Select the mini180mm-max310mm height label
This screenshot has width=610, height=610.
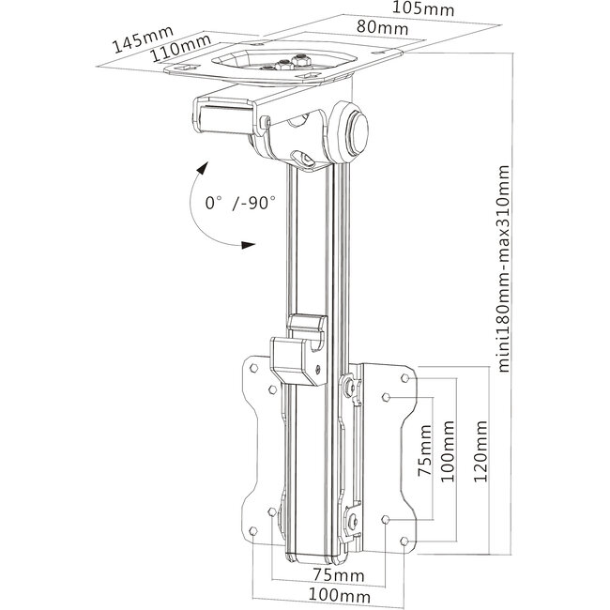coord(506,269)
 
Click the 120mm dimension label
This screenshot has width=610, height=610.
coord(480,450)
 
